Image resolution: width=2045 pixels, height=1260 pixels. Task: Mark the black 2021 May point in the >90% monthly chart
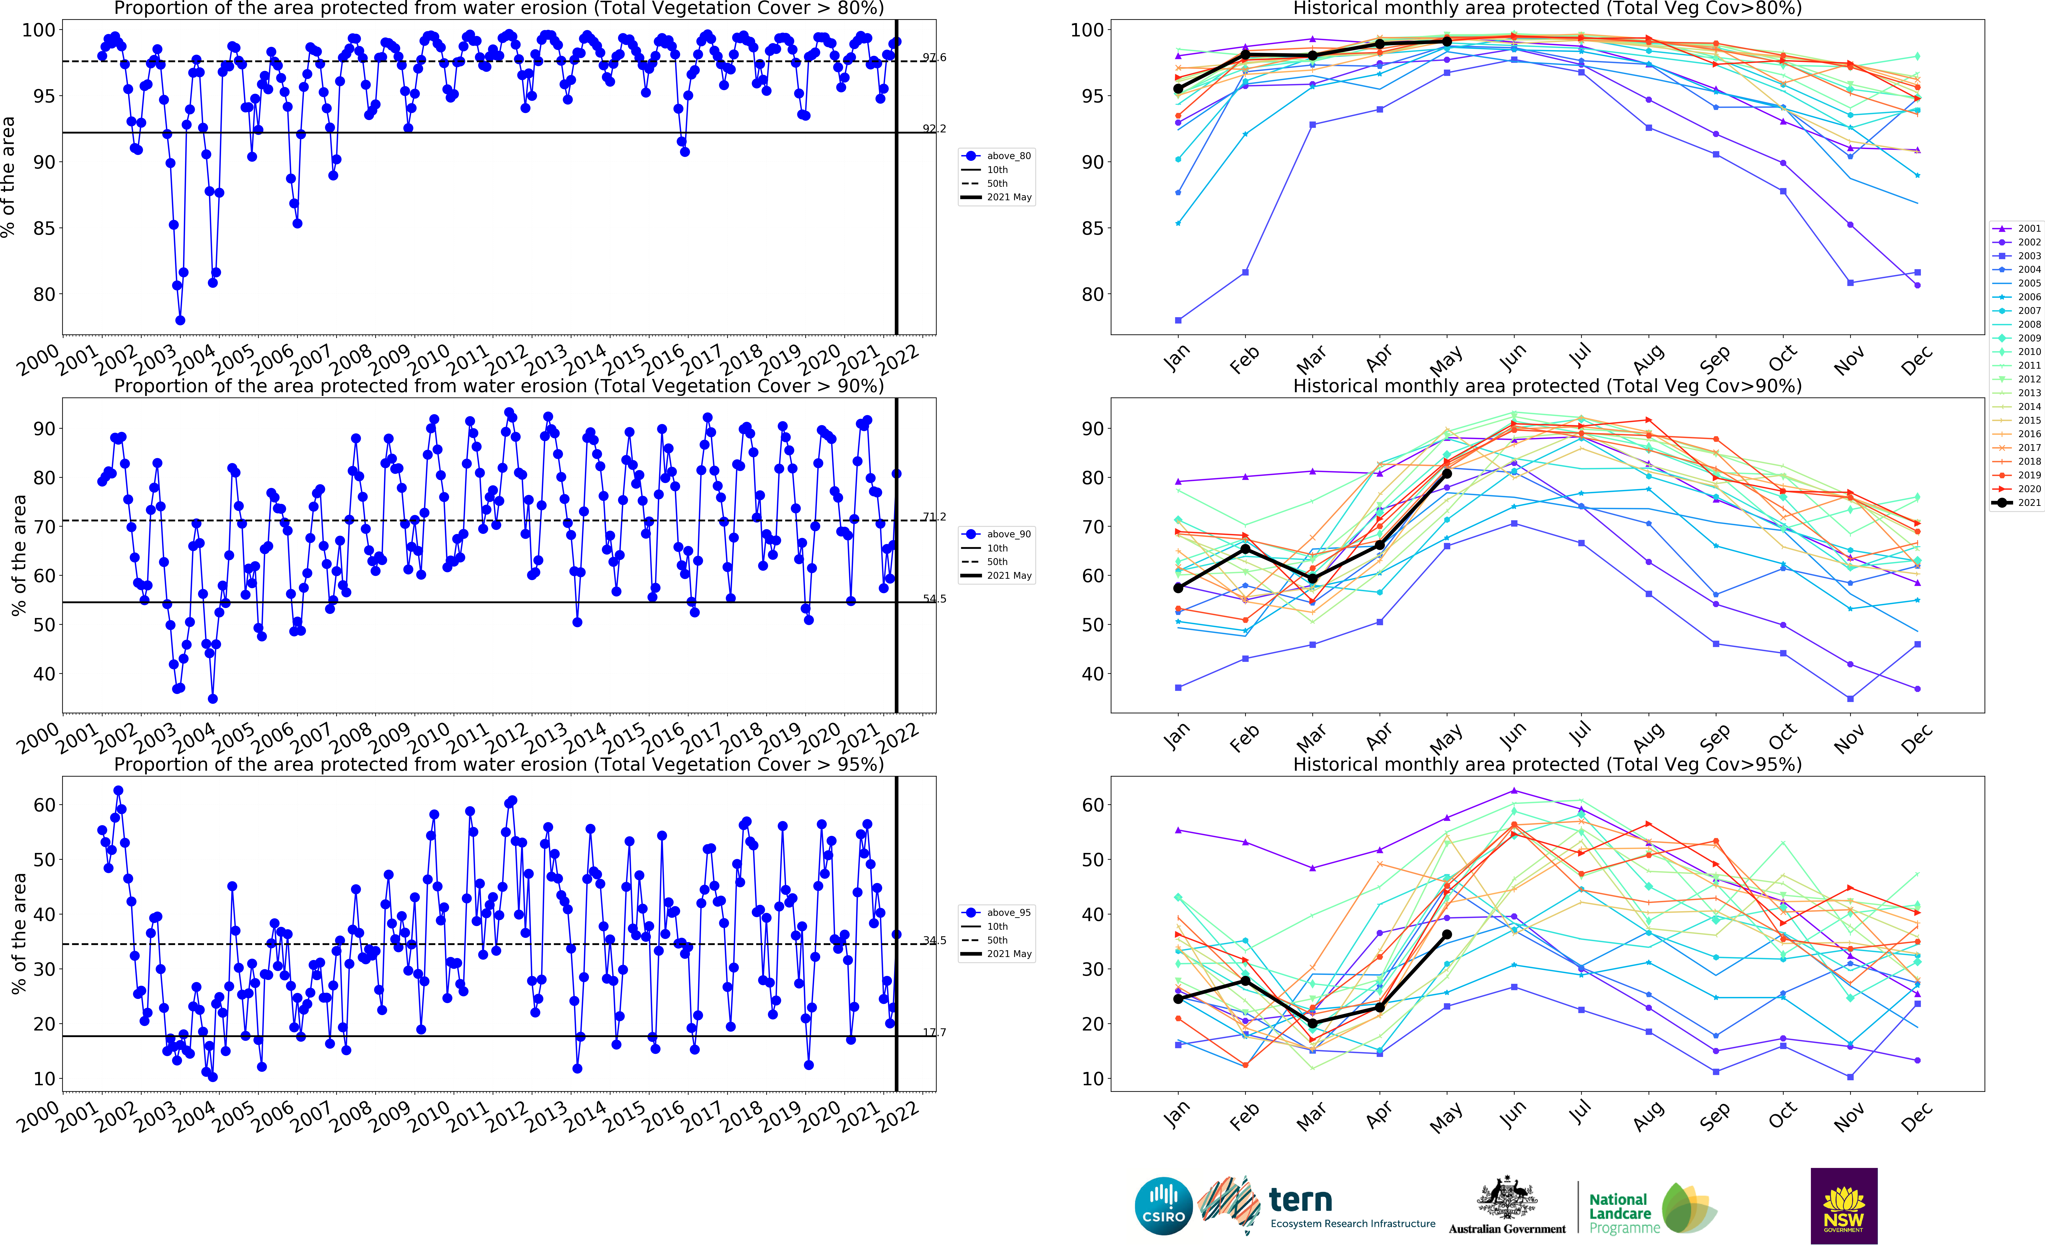pos(1447,473)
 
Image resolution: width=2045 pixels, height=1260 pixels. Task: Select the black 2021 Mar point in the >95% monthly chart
pos(1313,1023)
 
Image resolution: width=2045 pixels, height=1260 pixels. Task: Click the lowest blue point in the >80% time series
pos(180,320)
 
